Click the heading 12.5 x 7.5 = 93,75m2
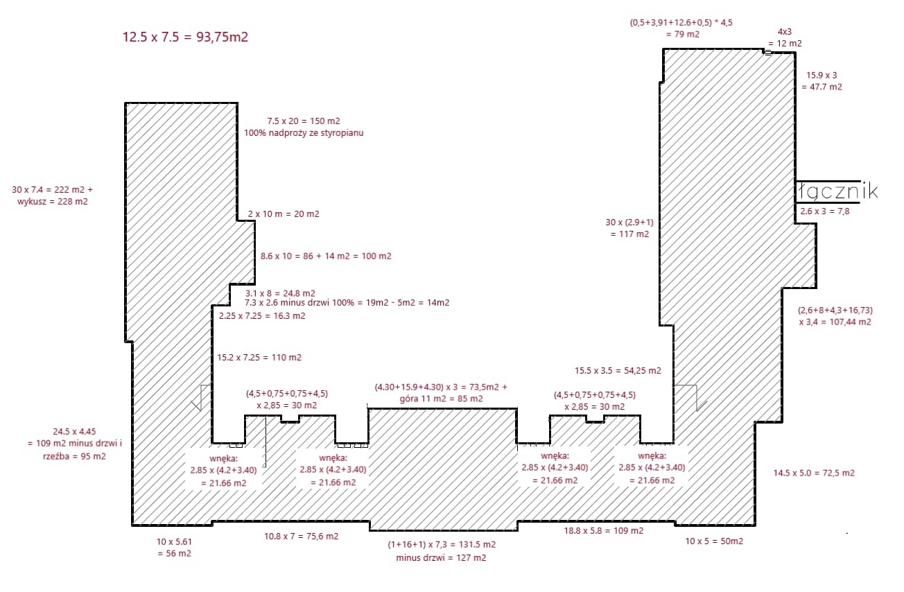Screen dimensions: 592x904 pos(185,37)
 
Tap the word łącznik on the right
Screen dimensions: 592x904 pos(837,191)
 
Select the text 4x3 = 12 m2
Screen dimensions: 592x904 pos(789,38)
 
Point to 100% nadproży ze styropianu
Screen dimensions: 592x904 pos(304,132)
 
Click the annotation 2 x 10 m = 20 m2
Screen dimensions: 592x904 pos(284,214)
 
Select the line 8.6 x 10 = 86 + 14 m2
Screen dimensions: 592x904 pos(326,256)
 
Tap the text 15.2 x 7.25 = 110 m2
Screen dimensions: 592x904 pos(259,358)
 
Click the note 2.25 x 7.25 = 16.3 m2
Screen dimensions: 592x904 pos(261,315)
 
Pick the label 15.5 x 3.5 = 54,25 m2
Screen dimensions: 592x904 pos(618,371)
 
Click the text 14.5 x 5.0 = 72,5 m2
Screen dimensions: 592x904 pos(814,473)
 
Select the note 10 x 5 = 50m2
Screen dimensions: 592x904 pos(714,541)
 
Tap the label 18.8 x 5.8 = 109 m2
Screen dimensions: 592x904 pos(602,530)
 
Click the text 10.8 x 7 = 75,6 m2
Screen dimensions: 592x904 pos(301,536)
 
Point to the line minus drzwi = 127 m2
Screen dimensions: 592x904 pos(441,557)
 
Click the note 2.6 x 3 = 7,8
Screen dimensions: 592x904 pos(824,211)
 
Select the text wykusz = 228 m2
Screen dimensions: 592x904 pos(53,202)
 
